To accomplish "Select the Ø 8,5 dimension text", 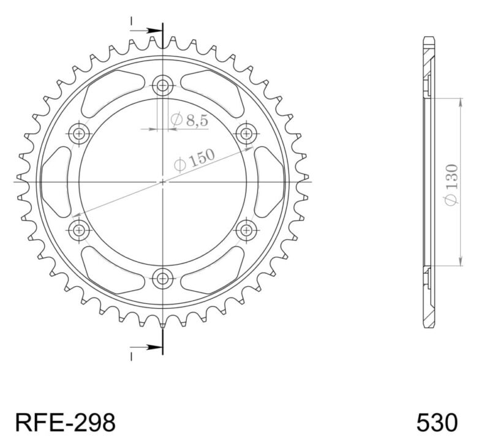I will coord(190,121).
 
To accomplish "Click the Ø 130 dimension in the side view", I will coord(451,183).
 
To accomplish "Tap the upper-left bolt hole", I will coord(79,133).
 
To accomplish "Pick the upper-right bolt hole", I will coord(246,133).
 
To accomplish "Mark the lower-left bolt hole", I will coord(79,230).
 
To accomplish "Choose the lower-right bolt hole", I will coord(246,230).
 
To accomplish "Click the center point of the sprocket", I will coord(162,181).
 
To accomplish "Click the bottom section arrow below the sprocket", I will coord(147,348).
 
